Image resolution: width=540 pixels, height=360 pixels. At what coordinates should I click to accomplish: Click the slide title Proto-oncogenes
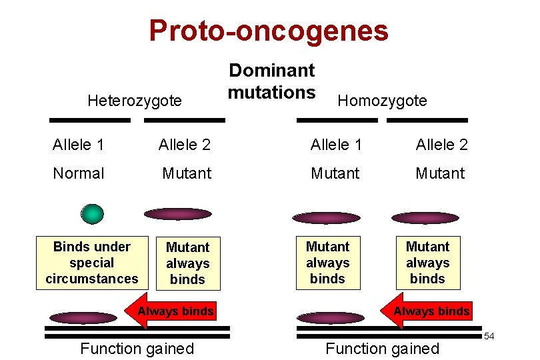coord(268,31)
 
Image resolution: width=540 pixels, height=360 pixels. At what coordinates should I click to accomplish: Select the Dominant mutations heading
coord(271,81)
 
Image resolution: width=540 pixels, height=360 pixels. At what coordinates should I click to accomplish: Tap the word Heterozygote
coord(135,101)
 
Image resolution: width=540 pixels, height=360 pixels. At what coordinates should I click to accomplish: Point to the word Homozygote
coord(382,101)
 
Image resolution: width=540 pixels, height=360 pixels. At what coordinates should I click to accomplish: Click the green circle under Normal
coord(92,213)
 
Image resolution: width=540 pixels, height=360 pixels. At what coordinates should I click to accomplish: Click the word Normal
coord(79,173)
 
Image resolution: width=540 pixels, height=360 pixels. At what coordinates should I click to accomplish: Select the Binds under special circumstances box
coord(92,263)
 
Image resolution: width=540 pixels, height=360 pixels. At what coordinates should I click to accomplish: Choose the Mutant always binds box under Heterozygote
coord(187,263)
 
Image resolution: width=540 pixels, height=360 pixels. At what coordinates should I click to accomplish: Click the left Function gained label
coord(137,348)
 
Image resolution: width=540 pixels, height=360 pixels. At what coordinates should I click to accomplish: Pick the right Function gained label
coord(382,348)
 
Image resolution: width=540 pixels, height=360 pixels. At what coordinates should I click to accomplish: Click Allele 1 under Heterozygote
coord(79,145)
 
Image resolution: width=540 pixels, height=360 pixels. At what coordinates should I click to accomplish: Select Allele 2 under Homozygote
coord(442,145)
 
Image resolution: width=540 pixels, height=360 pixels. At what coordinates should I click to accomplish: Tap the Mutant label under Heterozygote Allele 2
coord(187,173)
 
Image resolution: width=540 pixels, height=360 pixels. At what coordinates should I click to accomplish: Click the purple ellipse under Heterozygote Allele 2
coord(178,214)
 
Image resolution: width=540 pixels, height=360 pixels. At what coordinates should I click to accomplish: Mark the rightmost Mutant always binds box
coord(427,263)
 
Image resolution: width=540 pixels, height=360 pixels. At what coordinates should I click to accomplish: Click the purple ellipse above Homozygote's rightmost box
coord(425,218)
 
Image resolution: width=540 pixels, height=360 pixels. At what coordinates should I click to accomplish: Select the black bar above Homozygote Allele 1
coord(337,121)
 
